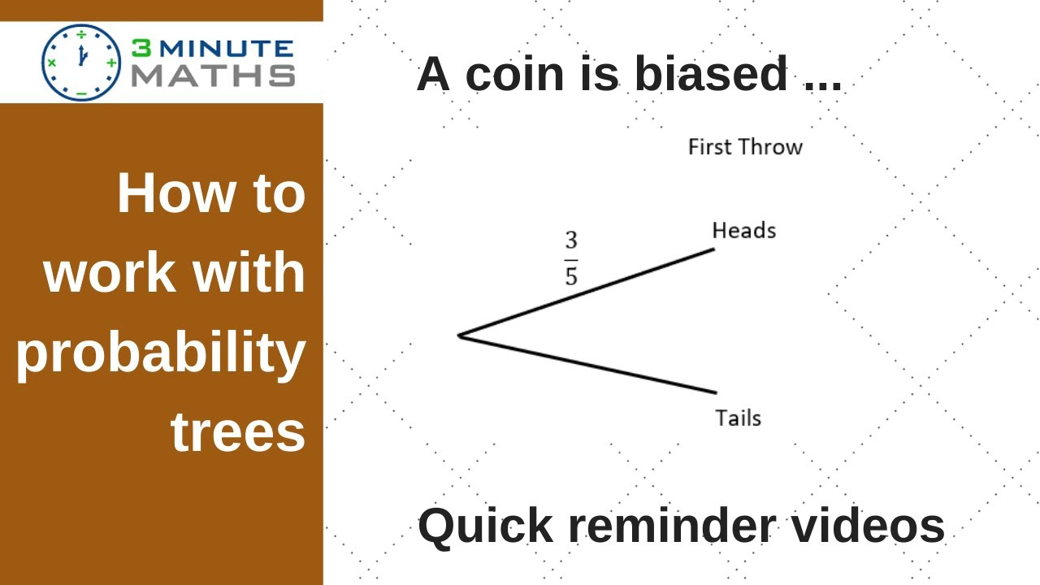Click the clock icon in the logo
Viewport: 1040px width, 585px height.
pos(81,63)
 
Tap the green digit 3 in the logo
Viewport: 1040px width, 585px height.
pos(141,48)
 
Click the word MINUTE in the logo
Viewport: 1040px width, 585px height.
pos(227,49)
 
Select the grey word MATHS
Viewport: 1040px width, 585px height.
pos(214,76)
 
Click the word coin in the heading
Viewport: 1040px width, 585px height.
pos(514,73)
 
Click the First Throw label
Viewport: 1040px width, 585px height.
pos(745,147)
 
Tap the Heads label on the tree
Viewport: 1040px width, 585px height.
pos(744,230)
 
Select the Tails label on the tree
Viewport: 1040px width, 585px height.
pos(739,418)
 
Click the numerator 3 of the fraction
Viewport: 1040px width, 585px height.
pos(571,240)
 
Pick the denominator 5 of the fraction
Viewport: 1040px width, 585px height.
pos(571,276)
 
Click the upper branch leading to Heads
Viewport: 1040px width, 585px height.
pos(586,292)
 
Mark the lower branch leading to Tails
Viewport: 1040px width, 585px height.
pos(587,365)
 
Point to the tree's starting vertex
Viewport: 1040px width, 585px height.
pos(458,336)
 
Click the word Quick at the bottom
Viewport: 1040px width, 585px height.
pos(486,526)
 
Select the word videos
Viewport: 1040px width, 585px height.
pos(868,526)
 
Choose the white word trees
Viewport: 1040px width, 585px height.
pos(238,432)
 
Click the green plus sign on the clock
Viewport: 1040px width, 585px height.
pos(111,63)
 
